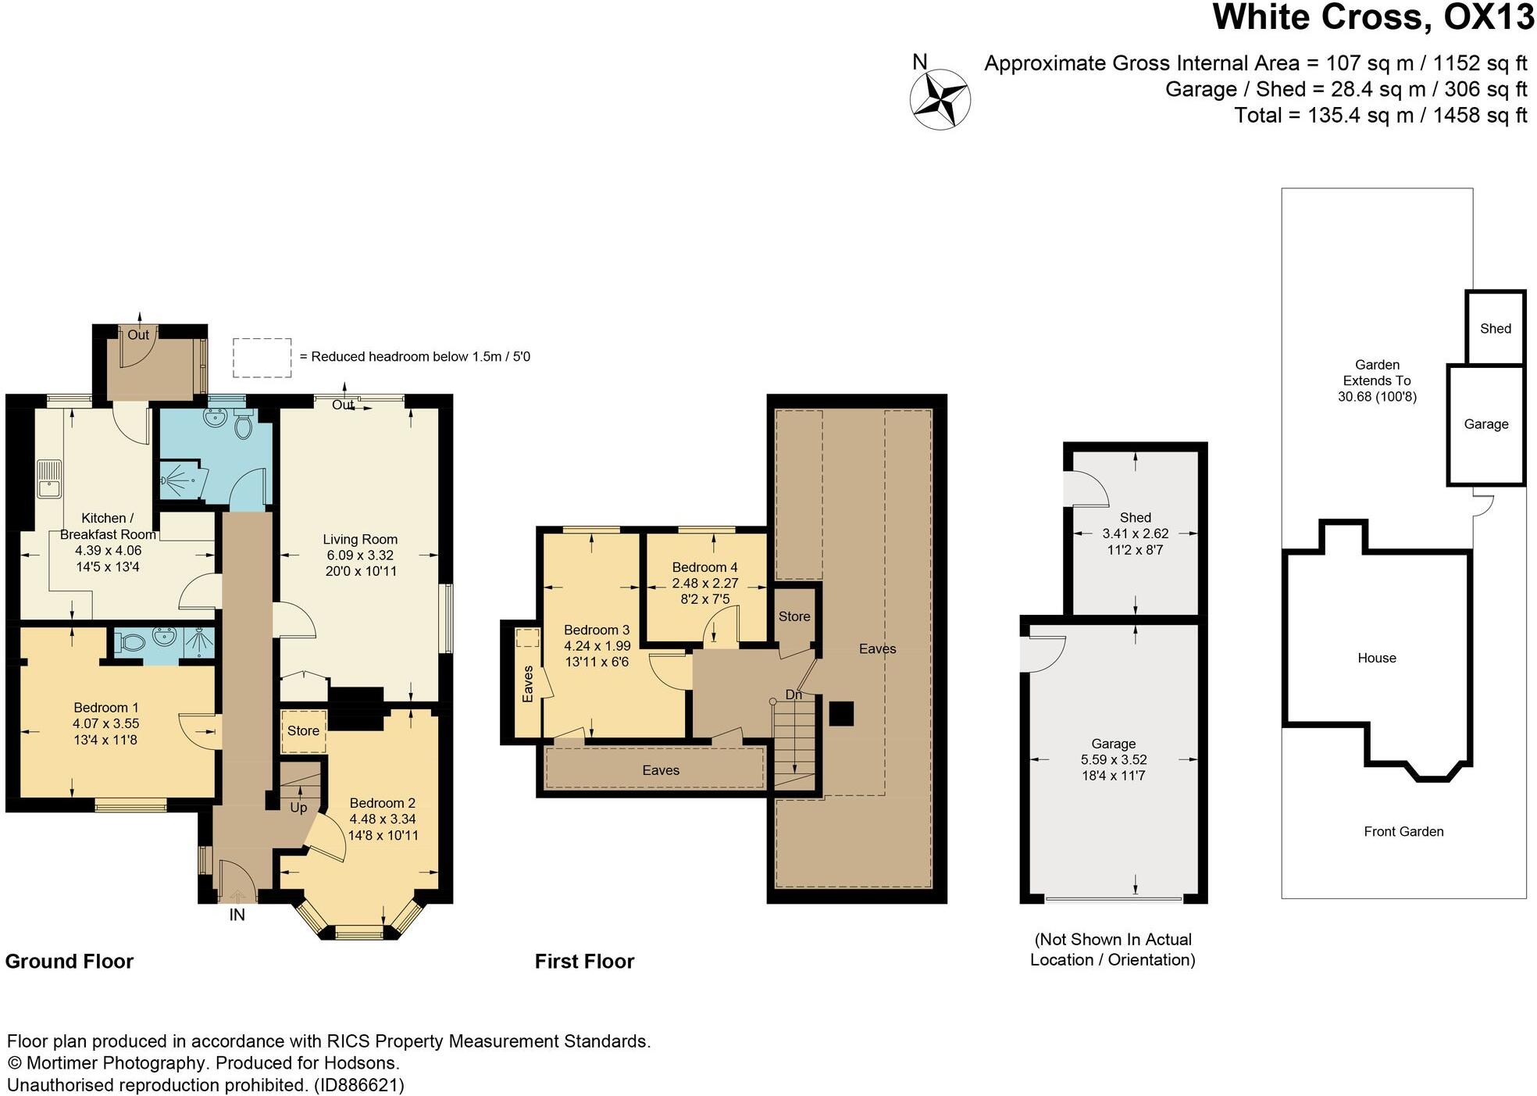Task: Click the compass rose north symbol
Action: click(x=940, y=98)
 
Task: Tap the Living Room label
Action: click(x=360, y=539)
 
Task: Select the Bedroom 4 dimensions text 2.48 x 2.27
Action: click(x=704, y=584)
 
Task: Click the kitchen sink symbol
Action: click(x=48, y=478)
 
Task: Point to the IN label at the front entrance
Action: click(x=237, y=915)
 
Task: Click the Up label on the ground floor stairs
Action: click(x=298, y=808)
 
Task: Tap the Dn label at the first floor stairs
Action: click(x=793, y=694)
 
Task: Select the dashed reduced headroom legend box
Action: click(x=262, y=358)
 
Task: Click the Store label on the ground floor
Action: click(x=303, y=730)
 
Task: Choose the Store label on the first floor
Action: click(x=794, y=616)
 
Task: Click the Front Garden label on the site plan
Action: click(x=1403, y=831)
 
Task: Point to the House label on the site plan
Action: click(x=1376, y=658)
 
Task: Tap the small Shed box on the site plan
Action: click(x=1495, y=328)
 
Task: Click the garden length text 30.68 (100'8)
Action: click(x=1376, y=397)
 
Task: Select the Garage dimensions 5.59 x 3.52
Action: click(x=1113, y=759)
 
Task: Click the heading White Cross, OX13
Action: click(x=1372, y=17)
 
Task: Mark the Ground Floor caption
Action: click(x=70, y=961)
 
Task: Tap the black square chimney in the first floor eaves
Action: click(x=840, y=713)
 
